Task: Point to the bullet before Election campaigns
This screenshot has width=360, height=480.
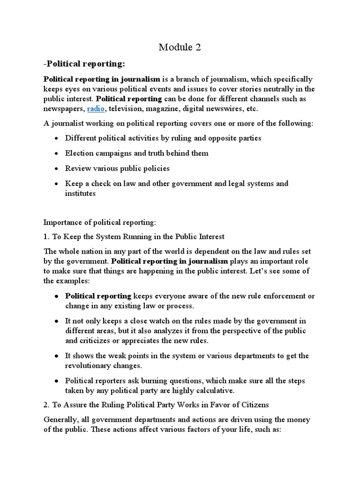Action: (x=56, y=153)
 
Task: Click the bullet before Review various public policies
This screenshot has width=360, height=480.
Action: (x=56, y=168)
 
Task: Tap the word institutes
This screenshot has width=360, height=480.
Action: (x=80, y=193)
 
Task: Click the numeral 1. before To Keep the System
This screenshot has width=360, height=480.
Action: (x=46, y=236)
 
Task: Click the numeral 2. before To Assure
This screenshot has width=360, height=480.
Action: (x=46, y=405)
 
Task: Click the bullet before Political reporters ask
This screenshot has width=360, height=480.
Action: (x=56, y=381)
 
